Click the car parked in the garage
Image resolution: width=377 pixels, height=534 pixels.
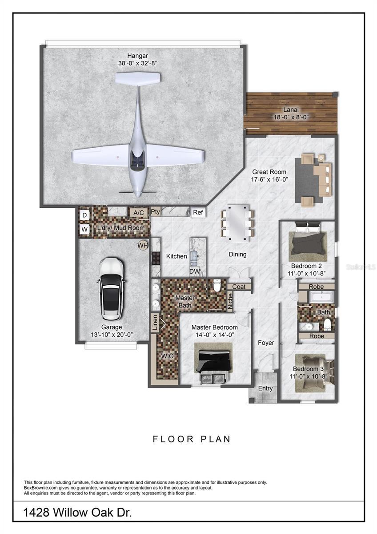[112, 289]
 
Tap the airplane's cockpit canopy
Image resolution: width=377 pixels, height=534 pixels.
[138, 159]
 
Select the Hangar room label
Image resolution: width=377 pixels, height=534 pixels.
[137, 56]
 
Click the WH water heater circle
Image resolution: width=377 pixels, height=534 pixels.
[143, 245]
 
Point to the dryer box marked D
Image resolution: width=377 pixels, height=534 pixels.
[84, 215]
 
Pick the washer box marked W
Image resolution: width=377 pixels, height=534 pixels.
[84, 230]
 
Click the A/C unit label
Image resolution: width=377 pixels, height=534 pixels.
[138, 213]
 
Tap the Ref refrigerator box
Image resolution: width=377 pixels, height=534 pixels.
[198, 212]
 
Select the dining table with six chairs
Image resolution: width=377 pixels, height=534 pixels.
[237, 222]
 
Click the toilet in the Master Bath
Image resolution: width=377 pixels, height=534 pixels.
[217, 286]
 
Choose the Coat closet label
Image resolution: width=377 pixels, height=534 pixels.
[239, 287]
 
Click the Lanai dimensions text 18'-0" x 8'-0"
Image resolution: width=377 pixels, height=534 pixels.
[291, 117]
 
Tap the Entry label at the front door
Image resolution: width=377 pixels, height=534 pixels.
[265, 388]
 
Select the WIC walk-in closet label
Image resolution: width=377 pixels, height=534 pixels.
[167, 356]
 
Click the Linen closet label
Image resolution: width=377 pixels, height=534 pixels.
[155, 322]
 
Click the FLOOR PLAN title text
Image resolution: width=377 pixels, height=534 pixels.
[192, 439]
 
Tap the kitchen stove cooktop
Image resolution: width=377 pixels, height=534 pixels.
[156, 258]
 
